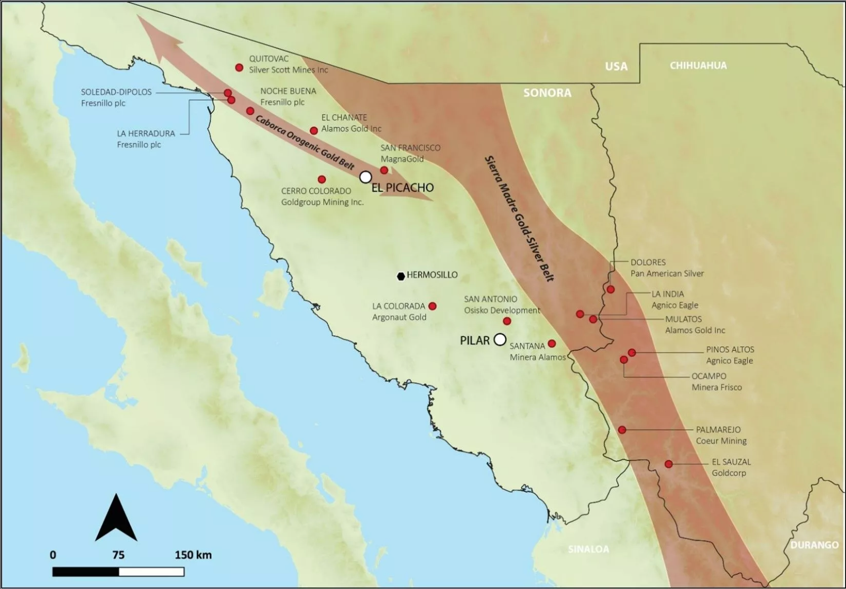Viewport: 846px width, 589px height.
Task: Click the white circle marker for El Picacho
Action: coord(365,177)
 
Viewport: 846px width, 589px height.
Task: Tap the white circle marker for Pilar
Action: coord(499,339)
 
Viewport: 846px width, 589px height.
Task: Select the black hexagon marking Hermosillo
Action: coord(401,276)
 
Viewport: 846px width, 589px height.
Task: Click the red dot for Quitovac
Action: coord(239,68)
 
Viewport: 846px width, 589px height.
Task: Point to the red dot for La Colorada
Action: coord(433,306)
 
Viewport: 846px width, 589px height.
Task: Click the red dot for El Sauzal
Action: coord(669,464)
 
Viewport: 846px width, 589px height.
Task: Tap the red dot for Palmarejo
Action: coord(622,430)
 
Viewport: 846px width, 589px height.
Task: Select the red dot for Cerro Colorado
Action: coord(321,179)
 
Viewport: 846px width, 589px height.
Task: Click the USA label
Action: coord(616,67)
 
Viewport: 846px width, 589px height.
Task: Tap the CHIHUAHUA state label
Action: coord(698,66)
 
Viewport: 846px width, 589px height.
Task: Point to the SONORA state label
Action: coord(547,93)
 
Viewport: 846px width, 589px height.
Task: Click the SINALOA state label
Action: coord(588,549)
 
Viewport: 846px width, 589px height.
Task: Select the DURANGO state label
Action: coord(814,545)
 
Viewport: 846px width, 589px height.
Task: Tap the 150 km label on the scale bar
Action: coord(193,555)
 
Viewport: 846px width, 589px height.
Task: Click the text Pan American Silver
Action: coord(667,274)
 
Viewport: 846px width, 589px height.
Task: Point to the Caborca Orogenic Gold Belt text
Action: coord(305,142)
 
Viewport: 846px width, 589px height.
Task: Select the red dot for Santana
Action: coord(552,344)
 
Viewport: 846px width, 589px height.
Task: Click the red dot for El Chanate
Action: coord(314,131)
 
